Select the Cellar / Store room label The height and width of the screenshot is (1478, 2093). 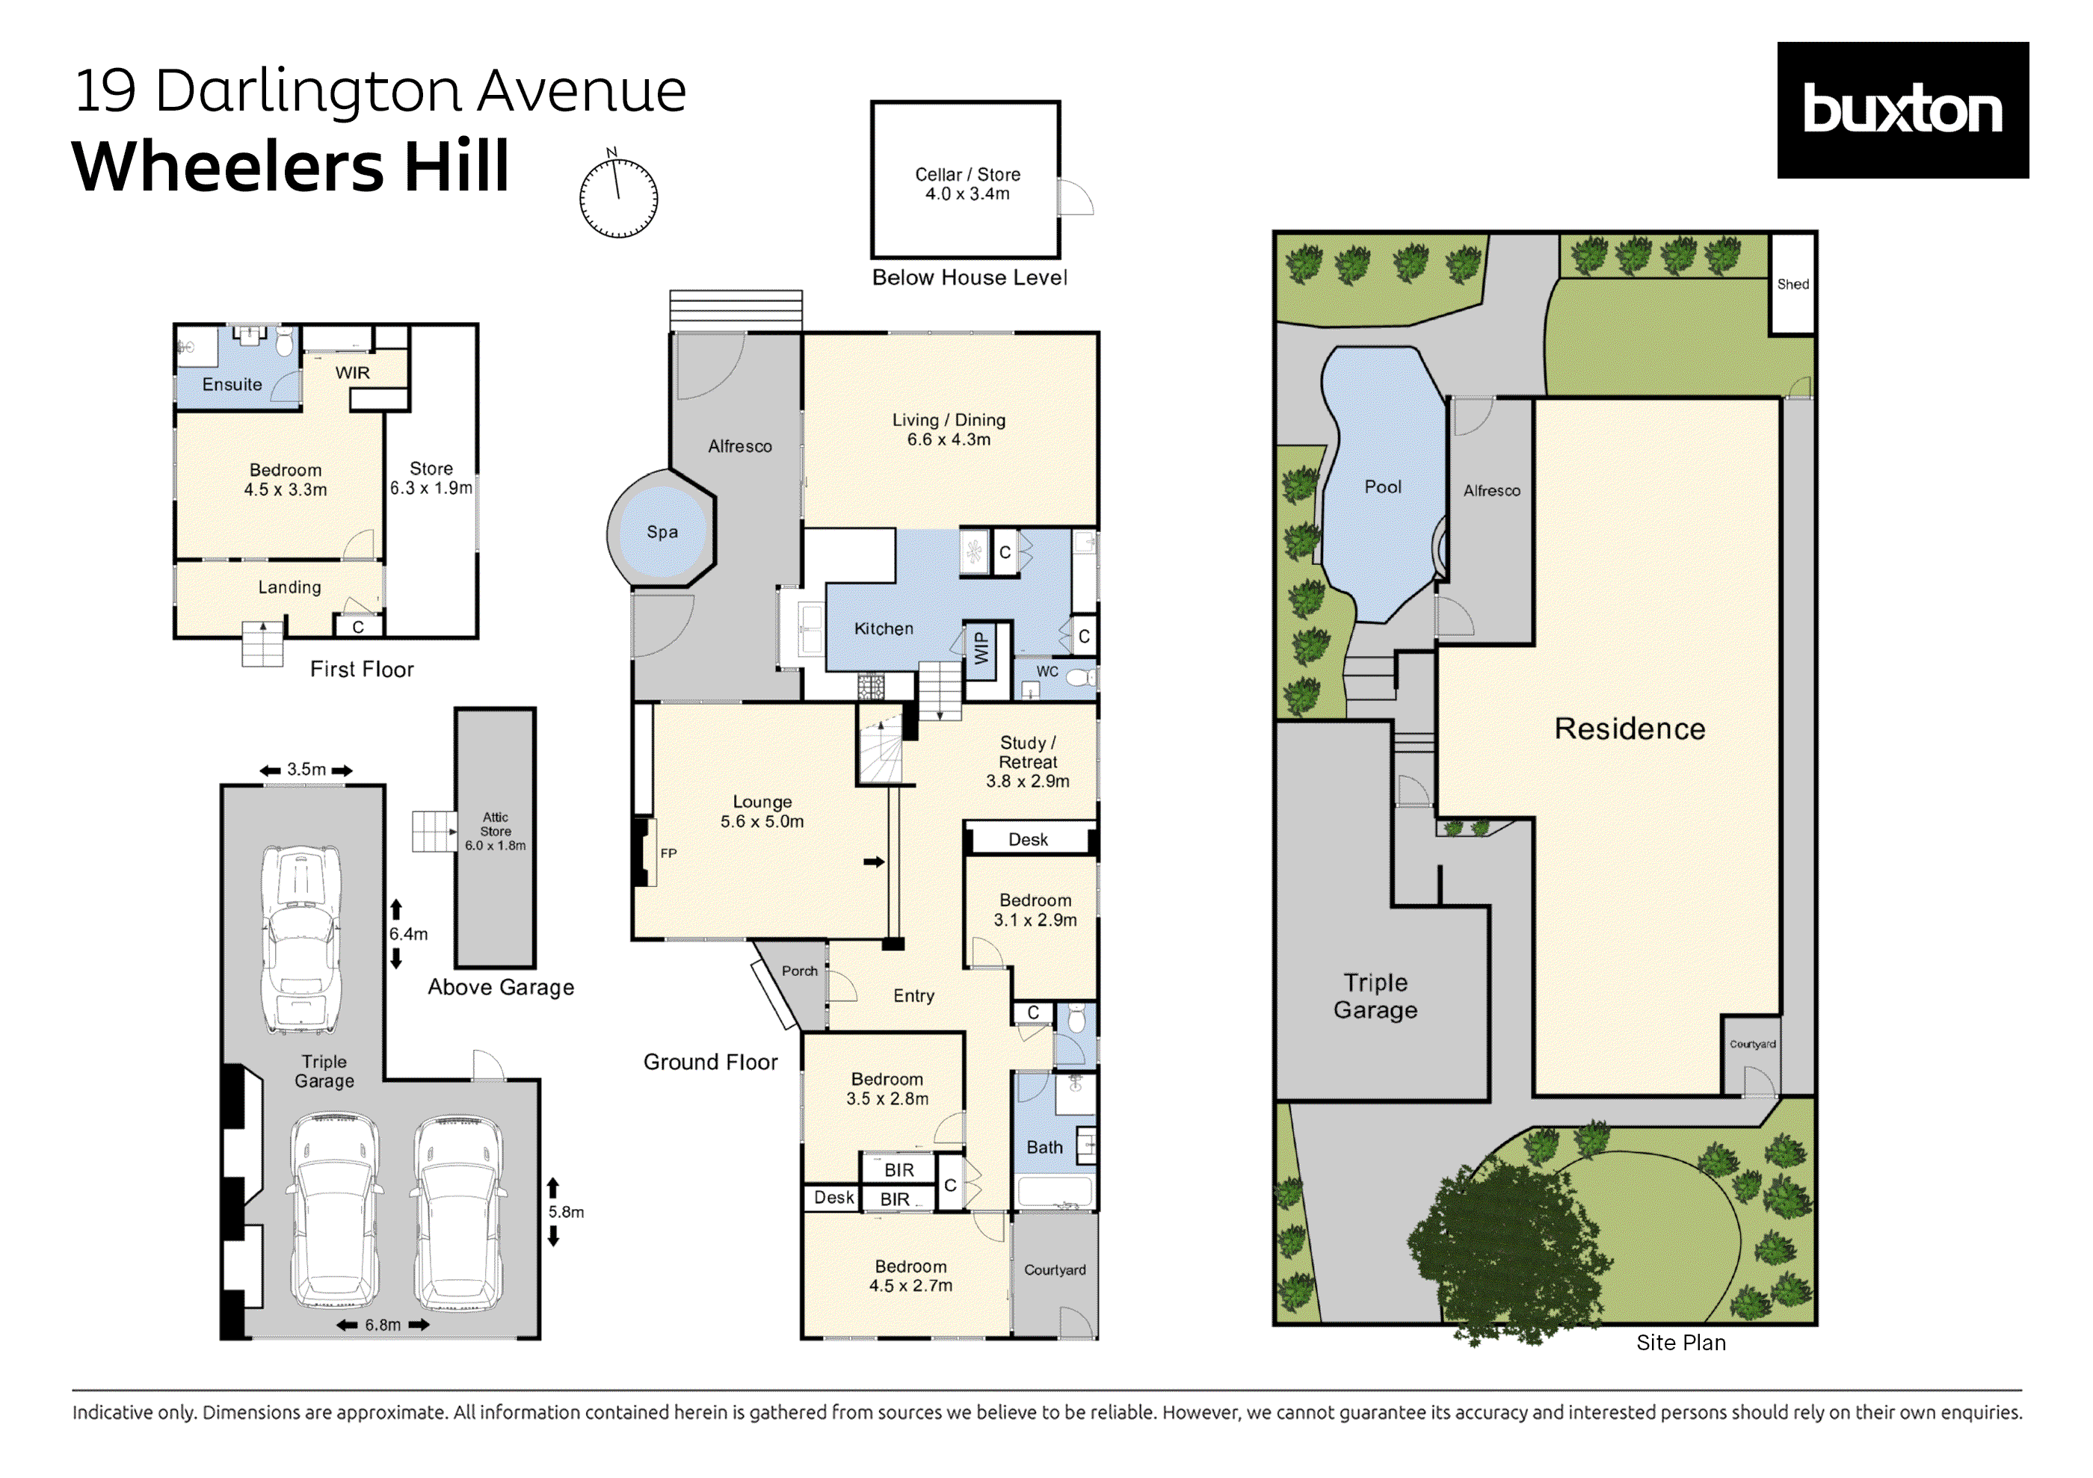(x=967, y=184)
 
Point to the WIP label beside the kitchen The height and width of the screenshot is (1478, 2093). (x=981, y=649)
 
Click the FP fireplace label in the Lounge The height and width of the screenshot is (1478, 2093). (x=668, y=854)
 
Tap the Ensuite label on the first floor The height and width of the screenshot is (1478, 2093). (x=232, y=385)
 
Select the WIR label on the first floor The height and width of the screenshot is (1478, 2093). (x=352, y=373)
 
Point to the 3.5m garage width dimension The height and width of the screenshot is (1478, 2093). (x=306, y=770)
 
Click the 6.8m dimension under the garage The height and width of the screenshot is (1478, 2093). (x=383, y=1325)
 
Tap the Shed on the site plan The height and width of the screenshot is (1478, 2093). (x=1793, y=284)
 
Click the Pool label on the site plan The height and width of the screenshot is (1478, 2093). (x=1382, y=486)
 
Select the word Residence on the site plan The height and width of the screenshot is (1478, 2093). (x=1629, y=729)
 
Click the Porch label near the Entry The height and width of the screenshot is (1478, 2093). (x=800, y=971)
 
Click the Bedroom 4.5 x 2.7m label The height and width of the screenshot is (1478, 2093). (x=910, y=1276)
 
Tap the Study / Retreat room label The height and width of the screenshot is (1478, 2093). (x=1027, y=761)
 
